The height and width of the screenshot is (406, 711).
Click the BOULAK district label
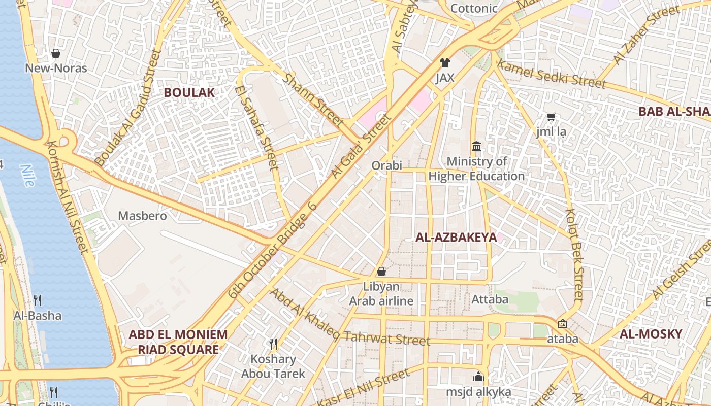pos(189,92)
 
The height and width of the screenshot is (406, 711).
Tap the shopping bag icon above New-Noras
pos(56,53)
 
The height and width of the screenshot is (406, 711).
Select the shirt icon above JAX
pos(445,63)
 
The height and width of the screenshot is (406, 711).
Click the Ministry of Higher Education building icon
pos(476,147)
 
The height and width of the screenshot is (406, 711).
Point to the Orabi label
pos(386,165)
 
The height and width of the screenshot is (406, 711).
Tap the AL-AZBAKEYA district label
pos(456,237)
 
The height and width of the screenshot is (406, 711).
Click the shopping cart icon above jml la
pos(551,117)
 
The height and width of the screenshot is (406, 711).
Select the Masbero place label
pos(142,216)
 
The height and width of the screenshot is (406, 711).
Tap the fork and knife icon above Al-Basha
pos(38,300)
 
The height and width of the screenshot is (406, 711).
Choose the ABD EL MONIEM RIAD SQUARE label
pos(178,342)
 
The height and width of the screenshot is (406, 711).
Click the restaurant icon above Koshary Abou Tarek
pos(273,344)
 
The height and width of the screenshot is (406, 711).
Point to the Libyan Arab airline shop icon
pos(381,272)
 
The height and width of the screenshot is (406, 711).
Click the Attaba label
pos(490,299)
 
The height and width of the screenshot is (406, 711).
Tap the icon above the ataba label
pos(562,324)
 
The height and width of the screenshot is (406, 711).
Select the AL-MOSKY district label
pos(651,334)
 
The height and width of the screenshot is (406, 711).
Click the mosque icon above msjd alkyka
pos(478,377)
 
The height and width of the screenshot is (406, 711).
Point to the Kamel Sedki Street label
pos(551,74)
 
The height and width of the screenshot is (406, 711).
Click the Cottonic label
pos(474,9)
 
